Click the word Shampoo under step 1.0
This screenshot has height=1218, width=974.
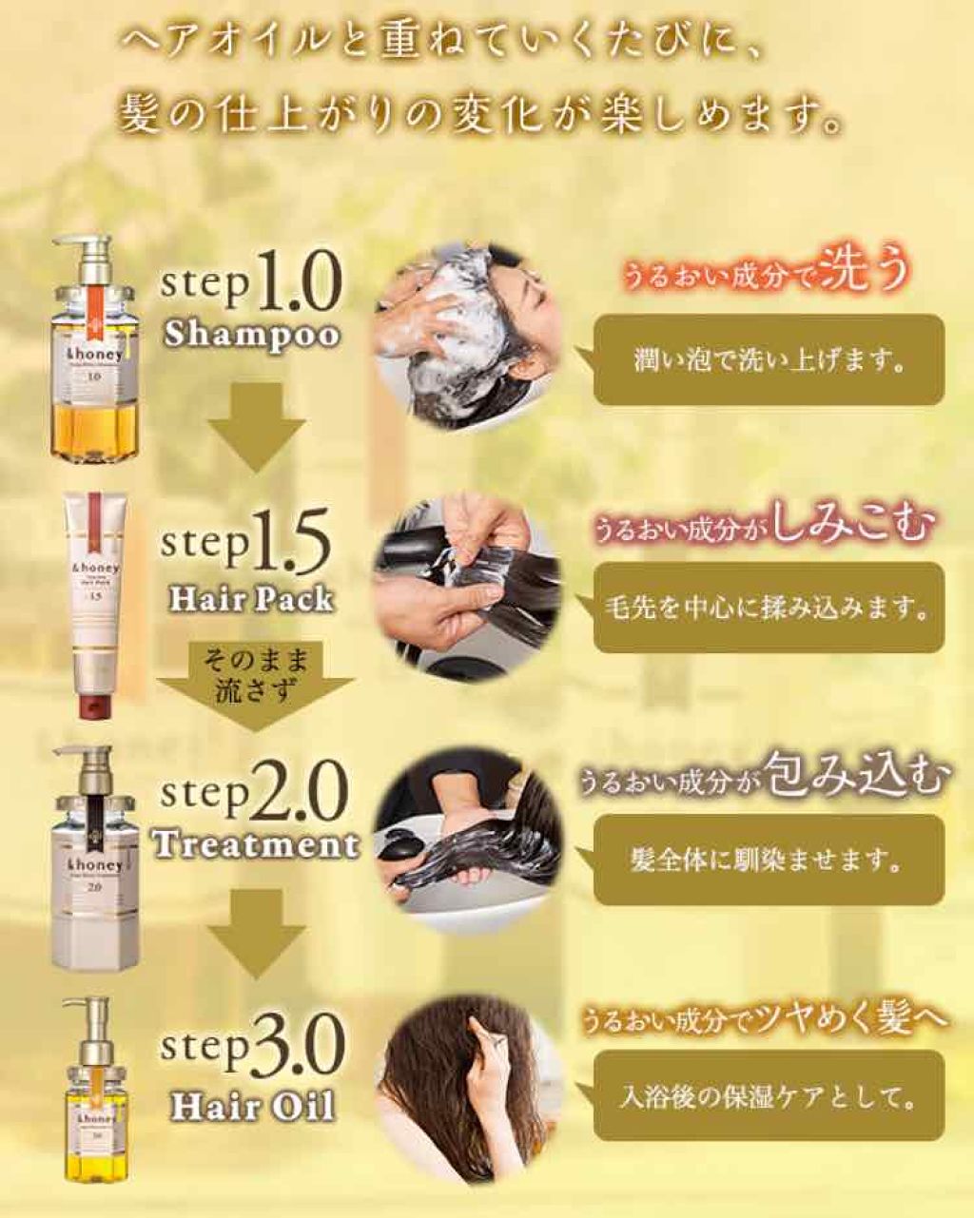pos(251,335)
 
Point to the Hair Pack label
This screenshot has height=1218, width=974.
pos(251,599)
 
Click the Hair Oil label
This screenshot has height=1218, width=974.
pos(251,1107)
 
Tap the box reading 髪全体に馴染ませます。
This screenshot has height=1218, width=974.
pos(769,860)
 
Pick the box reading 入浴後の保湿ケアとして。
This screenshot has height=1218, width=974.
pos(769,1098)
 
